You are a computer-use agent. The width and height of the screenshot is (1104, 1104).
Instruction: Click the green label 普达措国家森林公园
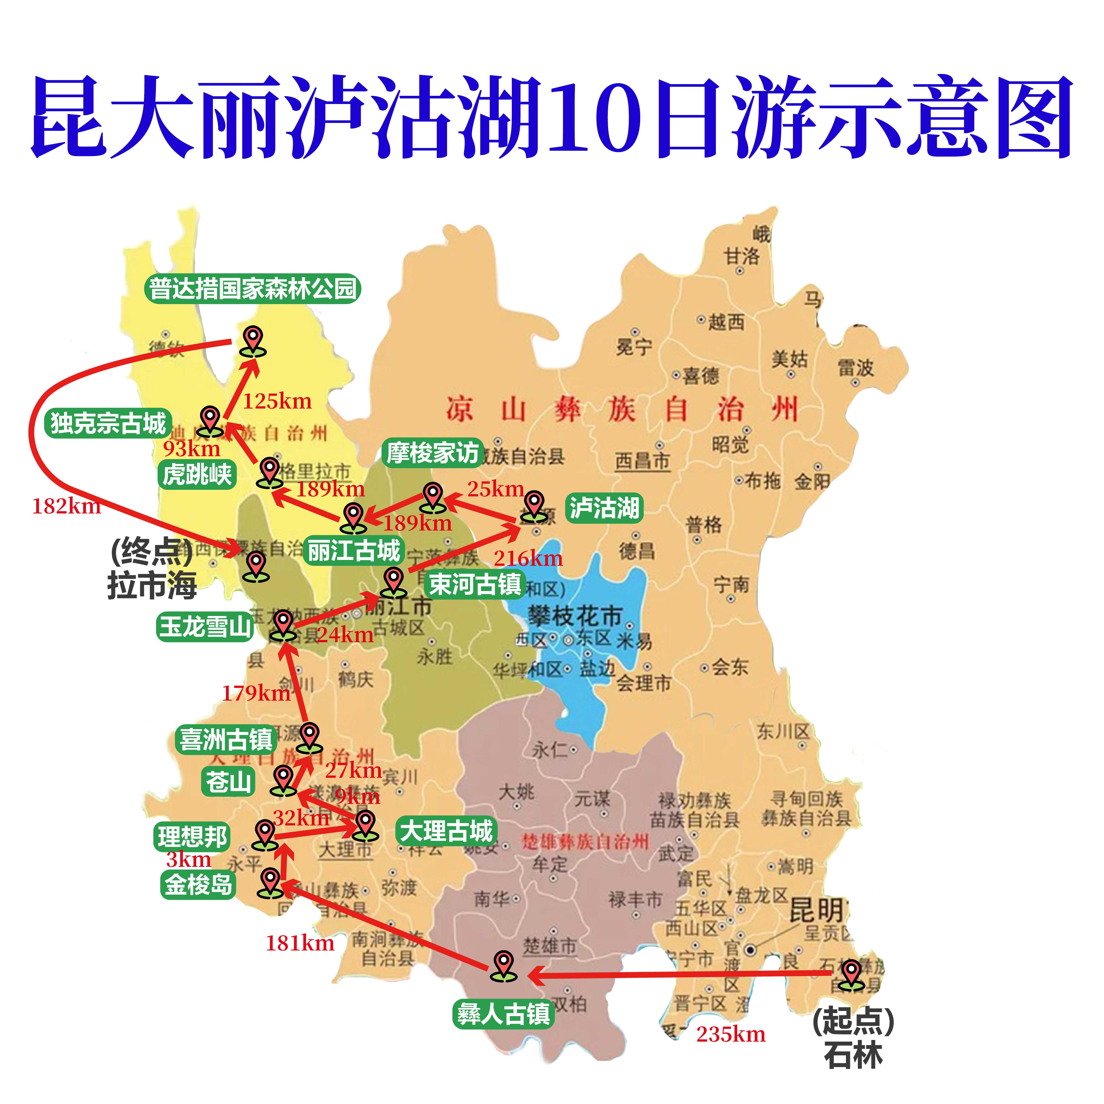pyautogui.click(x=253, y=289)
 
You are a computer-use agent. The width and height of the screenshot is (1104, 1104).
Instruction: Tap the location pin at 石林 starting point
pyautogui.click(x=851, y=973)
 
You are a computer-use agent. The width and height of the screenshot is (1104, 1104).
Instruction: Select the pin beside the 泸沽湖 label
pyautogui.click(x=534, y=506)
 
